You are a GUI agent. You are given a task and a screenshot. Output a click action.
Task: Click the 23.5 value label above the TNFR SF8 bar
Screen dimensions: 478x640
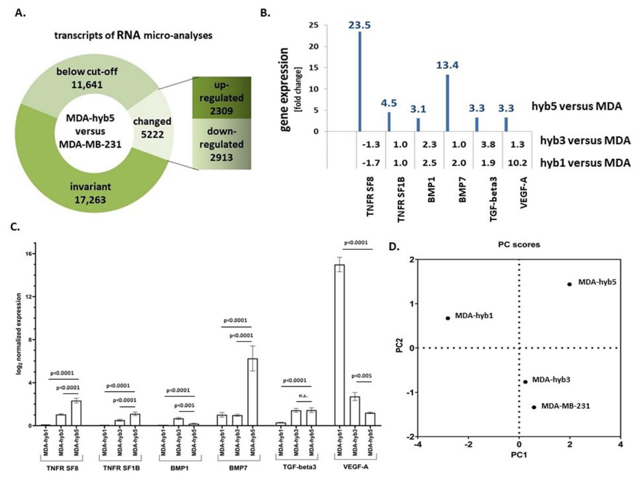pos(359,25)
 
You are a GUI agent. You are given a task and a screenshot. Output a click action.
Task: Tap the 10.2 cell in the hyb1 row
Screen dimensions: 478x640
pos(517,163)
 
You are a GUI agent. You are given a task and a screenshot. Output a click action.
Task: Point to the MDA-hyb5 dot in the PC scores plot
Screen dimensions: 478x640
pos(569,284)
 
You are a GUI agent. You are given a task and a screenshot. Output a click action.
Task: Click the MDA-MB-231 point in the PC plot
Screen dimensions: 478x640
pos(534,407)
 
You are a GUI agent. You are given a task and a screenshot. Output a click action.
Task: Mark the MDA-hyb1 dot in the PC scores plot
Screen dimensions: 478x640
pos(448,318)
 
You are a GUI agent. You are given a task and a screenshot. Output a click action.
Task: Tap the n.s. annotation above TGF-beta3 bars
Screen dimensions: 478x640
pos(303,396)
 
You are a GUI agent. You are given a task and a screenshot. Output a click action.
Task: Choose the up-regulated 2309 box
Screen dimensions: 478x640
pos(222,98)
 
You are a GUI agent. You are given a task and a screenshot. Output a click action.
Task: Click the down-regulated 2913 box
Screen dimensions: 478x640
pos(222,144)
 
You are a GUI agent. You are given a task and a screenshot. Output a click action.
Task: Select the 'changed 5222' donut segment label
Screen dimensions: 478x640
pos(152,128)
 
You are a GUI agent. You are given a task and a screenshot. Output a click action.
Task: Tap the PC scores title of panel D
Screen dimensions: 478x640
pos(519,245)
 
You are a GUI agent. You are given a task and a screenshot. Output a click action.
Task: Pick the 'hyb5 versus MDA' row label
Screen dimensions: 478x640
pos(577,106)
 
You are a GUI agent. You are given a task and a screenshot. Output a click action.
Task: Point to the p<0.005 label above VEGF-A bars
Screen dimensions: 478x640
pos(361,376)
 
